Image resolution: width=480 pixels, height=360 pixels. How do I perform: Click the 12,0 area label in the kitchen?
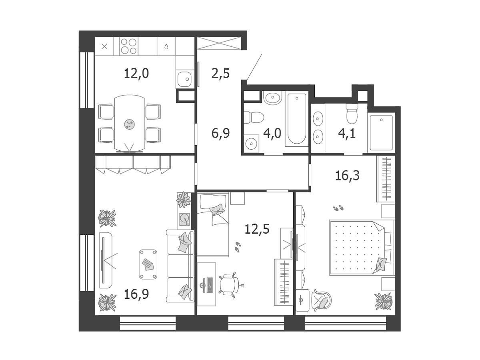tap(136, 74)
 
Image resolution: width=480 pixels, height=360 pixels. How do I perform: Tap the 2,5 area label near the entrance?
tap(220, 74)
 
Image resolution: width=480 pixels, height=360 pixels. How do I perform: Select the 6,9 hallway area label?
tap(220, 134)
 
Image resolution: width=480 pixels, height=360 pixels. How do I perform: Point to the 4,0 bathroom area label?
tap(272, 134)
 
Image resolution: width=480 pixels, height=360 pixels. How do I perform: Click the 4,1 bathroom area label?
tap(347, 134)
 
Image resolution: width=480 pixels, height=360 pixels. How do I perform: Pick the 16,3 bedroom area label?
tap(347, 176)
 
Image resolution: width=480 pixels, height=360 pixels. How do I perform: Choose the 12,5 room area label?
tap(257, 229)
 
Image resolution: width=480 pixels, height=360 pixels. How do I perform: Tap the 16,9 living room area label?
tap(136, 294)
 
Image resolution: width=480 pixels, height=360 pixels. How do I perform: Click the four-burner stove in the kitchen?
tap(129, 46)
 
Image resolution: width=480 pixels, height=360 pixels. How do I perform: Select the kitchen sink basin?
tap(184, 79)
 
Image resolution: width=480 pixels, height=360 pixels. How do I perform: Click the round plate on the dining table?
tap(130, 124)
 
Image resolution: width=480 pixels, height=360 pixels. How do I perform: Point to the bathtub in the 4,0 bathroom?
tap(297, 119)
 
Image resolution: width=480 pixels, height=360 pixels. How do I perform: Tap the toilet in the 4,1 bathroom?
tap(352, 113)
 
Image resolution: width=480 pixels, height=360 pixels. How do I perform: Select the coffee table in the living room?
tap(148, 264)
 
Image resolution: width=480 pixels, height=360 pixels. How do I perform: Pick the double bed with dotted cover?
tap(361, 248)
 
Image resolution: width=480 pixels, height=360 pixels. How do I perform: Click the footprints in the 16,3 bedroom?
tap(338, 208)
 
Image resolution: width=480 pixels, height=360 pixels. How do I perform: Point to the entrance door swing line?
tap(254, 66)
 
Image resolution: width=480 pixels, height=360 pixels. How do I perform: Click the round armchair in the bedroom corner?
tap(322, 300)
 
